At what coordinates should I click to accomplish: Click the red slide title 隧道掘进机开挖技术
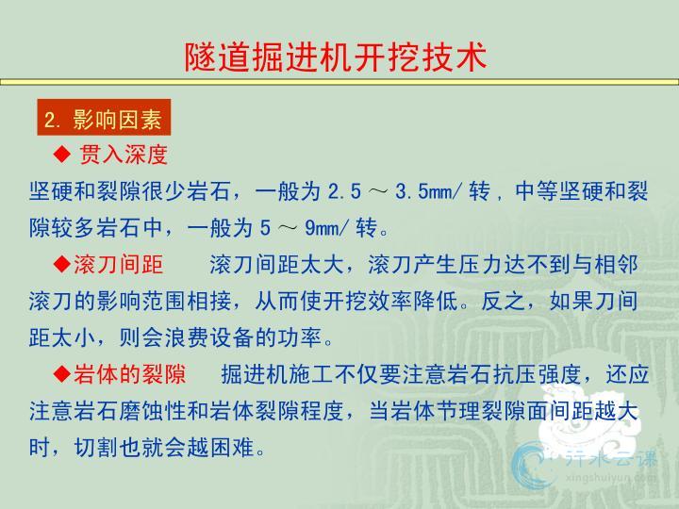(x=336, y=57)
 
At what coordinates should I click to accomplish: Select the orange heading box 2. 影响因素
(x=104, y=117)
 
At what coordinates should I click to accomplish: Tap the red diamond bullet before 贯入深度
(x=62, y=154)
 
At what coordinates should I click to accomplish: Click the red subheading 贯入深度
(x=123, y=154)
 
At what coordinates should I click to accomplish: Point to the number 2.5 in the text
(x=344, y=191)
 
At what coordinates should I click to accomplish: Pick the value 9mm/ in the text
(x=325, y=228)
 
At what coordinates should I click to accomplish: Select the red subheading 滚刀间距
(x=118, y=264)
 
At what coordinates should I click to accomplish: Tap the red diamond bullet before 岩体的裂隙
(x=62, y=373)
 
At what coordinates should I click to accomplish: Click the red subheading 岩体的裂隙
(x=129, y=374)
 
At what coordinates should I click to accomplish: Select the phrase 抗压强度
(x=537, y=374)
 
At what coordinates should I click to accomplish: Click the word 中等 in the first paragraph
(x=537, y=191)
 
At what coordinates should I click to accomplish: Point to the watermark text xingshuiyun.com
(x=611, y=477)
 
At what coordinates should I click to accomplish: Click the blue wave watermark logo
(x=531, y=465)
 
